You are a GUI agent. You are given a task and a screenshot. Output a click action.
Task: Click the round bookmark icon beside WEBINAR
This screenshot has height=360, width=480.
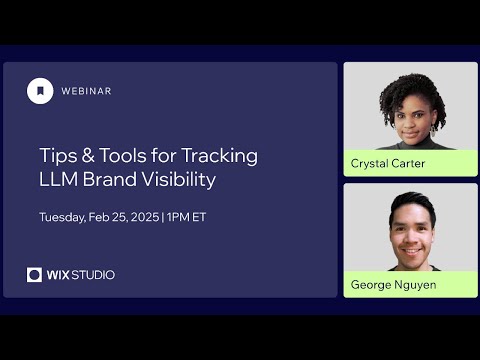coord(40,91)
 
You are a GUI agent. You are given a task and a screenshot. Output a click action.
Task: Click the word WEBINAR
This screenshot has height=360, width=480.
coord(86,91)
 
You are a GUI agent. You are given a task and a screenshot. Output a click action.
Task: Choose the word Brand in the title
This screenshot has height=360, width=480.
coord(114,181)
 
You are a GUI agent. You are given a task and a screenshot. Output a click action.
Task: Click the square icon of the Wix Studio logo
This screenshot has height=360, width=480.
coord(35,275)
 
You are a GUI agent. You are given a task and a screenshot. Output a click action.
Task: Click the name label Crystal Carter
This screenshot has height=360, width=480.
coord(389,163)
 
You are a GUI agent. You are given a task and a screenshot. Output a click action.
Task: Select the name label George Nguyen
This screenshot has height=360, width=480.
coord(393,284)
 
